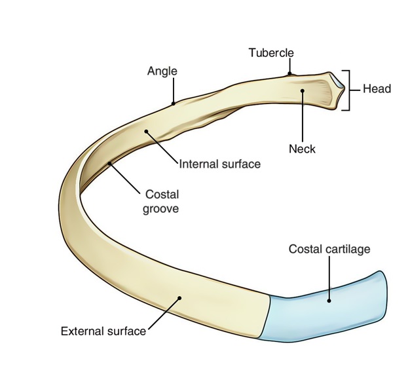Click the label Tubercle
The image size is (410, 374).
[x=271, y=52]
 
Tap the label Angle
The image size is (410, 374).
[x=162, y=71]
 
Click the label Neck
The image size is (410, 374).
[x=302, y=149]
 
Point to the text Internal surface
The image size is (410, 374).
[x=219, y=164]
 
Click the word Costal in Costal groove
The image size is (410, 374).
[x=162, y=195]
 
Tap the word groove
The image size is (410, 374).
[x=162, y=209]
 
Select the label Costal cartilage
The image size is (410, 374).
[x=329, y=249]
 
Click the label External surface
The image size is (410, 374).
[x=103, y=331]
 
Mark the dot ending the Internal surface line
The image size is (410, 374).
[x=147, y=132]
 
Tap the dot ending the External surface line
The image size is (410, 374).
[x=178, y=299]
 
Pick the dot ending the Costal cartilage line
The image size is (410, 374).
[x=329, y=300]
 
